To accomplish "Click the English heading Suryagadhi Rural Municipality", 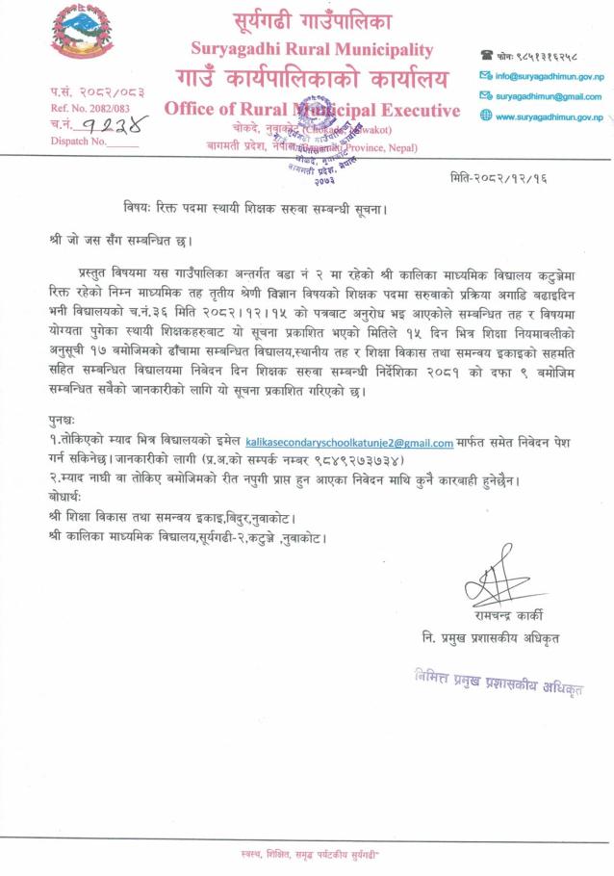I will pos(312,49).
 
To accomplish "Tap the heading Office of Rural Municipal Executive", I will pos(312,109).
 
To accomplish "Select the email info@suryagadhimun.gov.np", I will pos(550,75).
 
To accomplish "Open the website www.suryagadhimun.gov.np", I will pos(549,116).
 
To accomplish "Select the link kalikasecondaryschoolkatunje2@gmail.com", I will pos(349,443).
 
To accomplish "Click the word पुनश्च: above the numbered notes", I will pos(65,423).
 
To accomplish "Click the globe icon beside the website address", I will pos(486,116).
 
